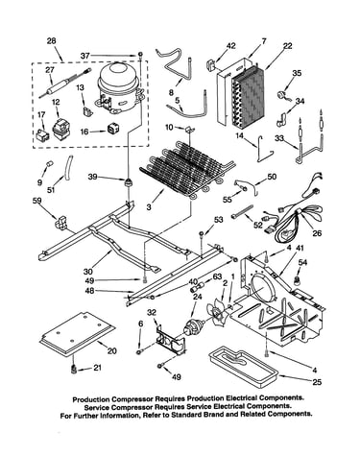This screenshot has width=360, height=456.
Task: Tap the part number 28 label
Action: pos(51,41)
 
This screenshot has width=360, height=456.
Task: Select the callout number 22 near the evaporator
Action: pos(287,46)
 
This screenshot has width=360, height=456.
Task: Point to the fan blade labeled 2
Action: pos(218,311)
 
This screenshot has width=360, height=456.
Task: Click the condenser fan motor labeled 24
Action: pos(193,328)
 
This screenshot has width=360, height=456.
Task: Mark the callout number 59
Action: pos(37,201)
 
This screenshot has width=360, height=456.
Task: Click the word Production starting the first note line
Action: pos(92,399)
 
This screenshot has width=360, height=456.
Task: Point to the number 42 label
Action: pos(230,46)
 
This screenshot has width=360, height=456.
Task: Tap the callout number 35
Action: pos(297,73)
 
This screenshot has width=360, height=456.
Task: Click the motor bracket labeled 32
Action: pos(170,340)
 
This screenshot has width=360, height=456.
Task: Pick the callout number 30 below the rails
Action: pos(87,272)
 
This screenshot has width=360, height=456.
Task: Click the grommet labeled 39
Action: pos(129,183)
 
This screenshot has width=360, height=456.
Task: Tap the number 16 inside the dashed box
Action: pos(84,132)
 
